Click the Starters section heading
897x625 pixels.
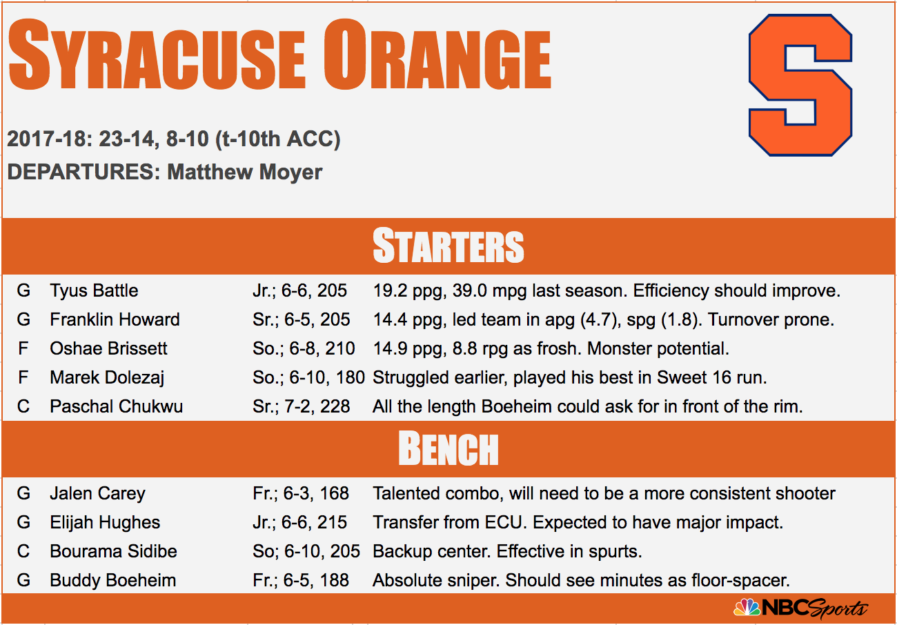pos(448,246)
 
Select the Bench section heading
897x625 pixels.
pos(448,449)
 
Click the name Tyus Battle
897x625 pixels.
pos(94,290)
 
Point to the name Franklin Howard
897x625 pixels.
pos(115,319)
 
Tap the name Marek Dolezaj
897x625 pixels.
pos(107,378)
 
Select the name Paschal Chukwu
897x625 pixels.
pos(116,406)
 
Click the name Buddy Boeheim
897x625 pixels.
pos(113,581)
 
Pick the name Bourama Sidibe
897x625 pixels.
pos(113,551)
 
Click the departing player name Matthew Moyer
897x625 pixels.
pos(245,172)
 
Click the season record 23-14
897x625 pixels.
pos(126,139)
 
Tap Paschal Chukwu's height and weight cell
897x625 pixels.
pos(301,407)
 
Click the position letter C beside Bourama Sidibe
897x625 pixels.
pos(23,551)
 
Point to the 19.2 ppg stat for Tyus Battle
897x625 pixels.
pos(410,291)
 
